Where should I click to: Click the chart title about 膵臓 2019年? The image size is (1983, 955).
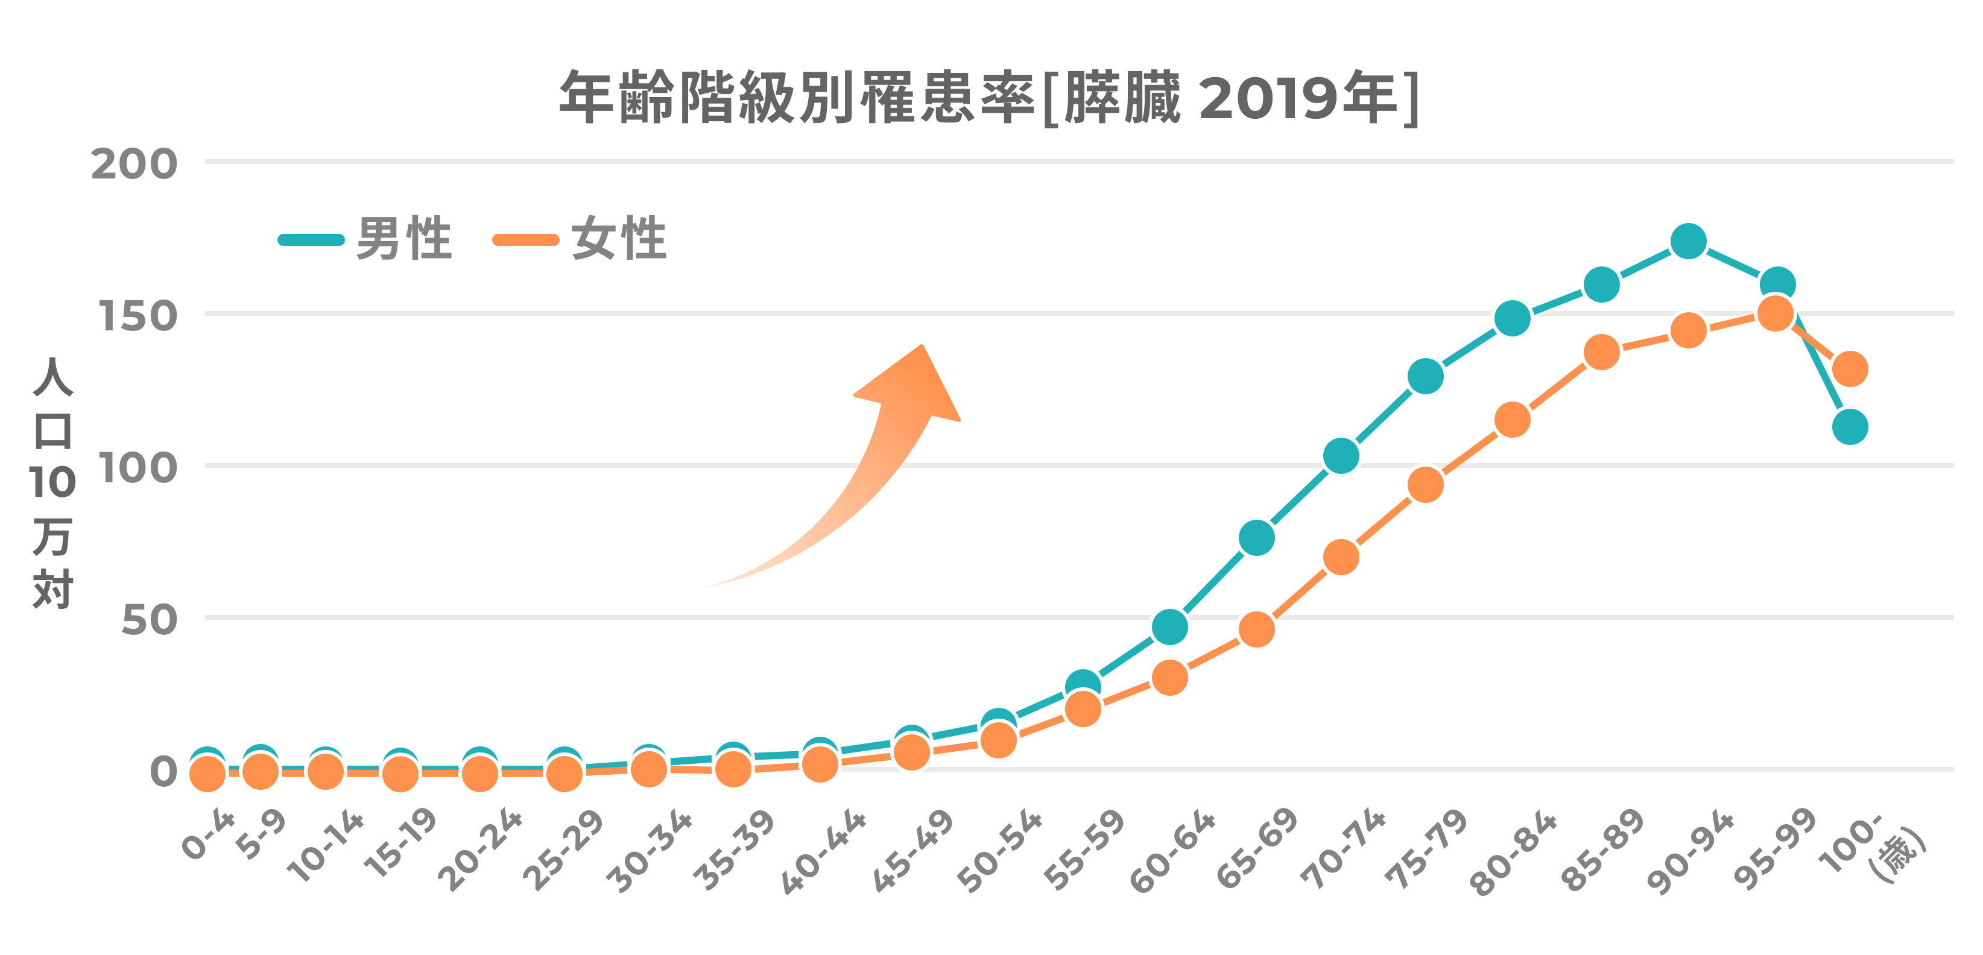[989, 98]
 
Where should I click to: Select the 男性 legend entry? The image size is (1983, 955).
[365, 239]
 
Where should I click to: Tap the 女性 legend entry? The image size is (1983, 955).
[580, 239]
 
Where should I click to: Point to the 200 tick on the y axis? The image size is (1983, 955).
[134, 164]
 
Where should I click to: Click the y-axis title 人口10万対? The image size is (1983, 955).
[52, 482]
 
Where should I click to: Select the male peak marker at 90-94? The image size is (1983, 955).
[1688, 242]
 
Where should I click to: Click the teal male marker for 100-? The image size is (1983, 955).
[1850, 426]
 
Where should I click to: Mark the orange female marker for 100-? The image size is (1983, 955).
[1850, 368]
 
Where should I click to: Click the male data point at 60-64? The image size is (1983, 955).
[1170, 627]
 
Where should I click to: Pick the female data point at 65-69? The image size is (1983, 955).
[1256, 629]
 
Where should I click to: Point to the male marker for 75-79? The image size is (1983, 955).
[1425, 376]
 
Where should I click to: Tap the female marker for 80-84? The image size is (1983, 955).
[1512, 420]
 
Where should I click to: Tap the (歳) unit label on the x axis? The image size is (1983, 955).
[1900, 855]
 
